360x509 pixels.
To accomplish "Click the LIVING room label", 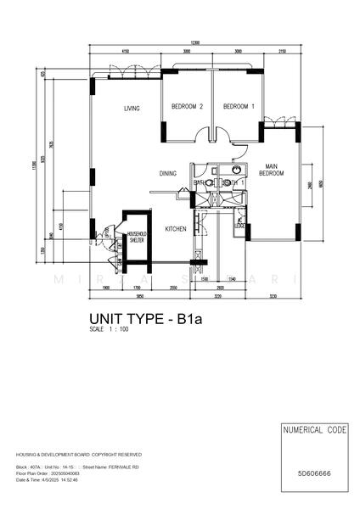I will click(131, 108).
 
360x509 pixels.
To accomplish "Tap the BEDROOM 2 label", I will click(187, 107).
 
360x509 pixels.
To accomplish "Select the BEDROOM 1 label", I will click(238, 107).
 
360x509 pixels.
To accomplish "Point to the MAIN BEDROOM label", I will click(273, 169).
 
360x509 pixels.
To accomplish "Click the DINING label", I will click(167, 173).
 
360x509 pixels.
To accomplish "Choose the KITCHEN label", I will click(176, 229).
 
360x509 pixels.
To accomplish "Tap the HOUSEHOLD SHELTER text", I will click(136, 237).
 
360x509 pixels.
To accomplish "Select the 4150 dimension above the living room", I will click(126, 52).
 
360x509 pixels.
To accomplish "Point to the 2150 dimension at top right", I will click(282, 52).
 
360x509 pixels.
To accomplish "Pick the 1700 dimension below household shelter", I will click(137, 288).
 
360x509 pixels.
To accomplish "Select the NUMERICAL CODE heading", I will click(314, 431).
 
